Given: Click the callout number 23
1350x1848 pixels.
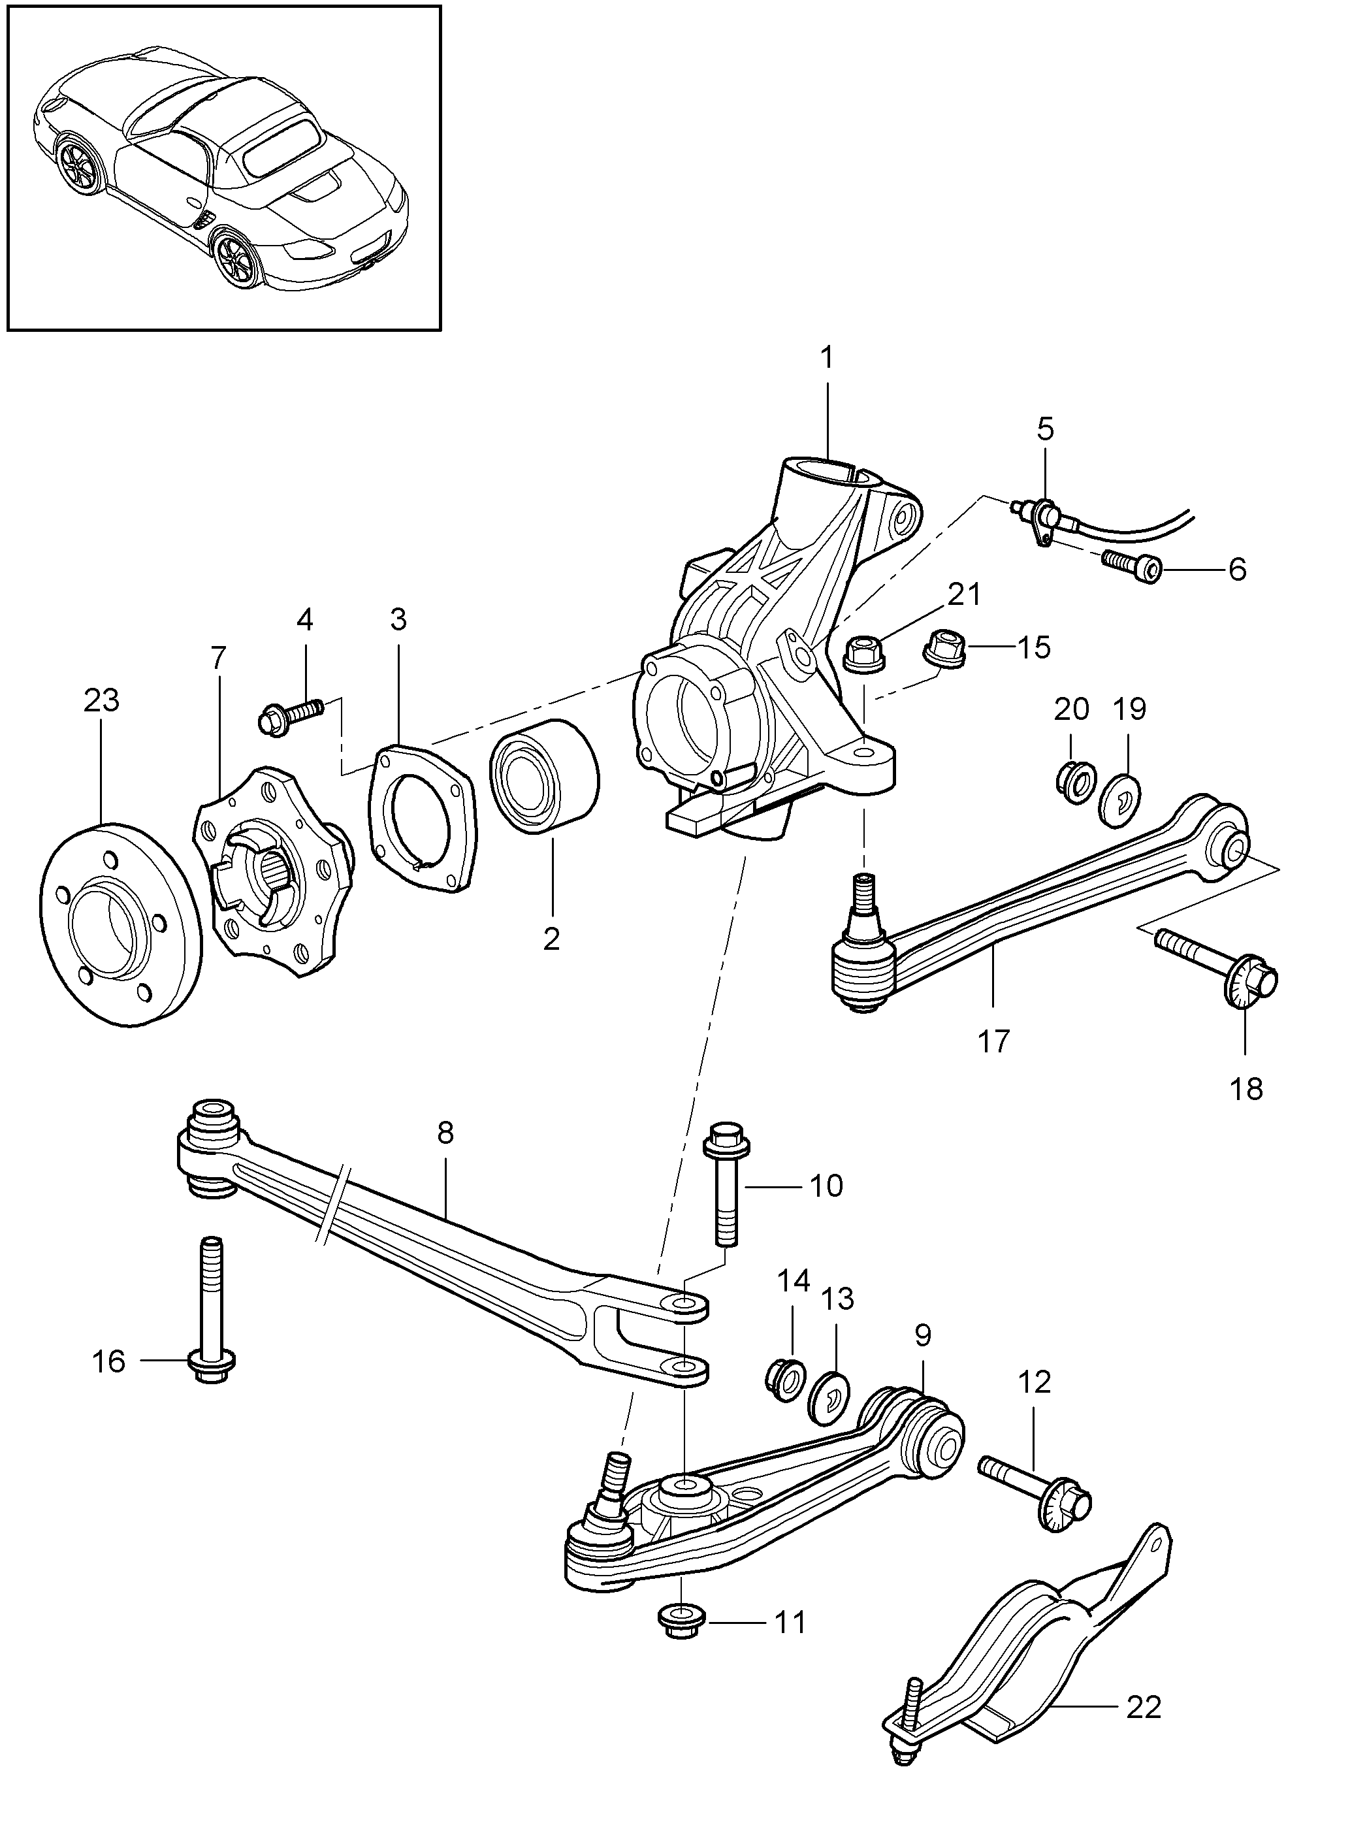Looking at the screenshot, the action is [x=101, y=700].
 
